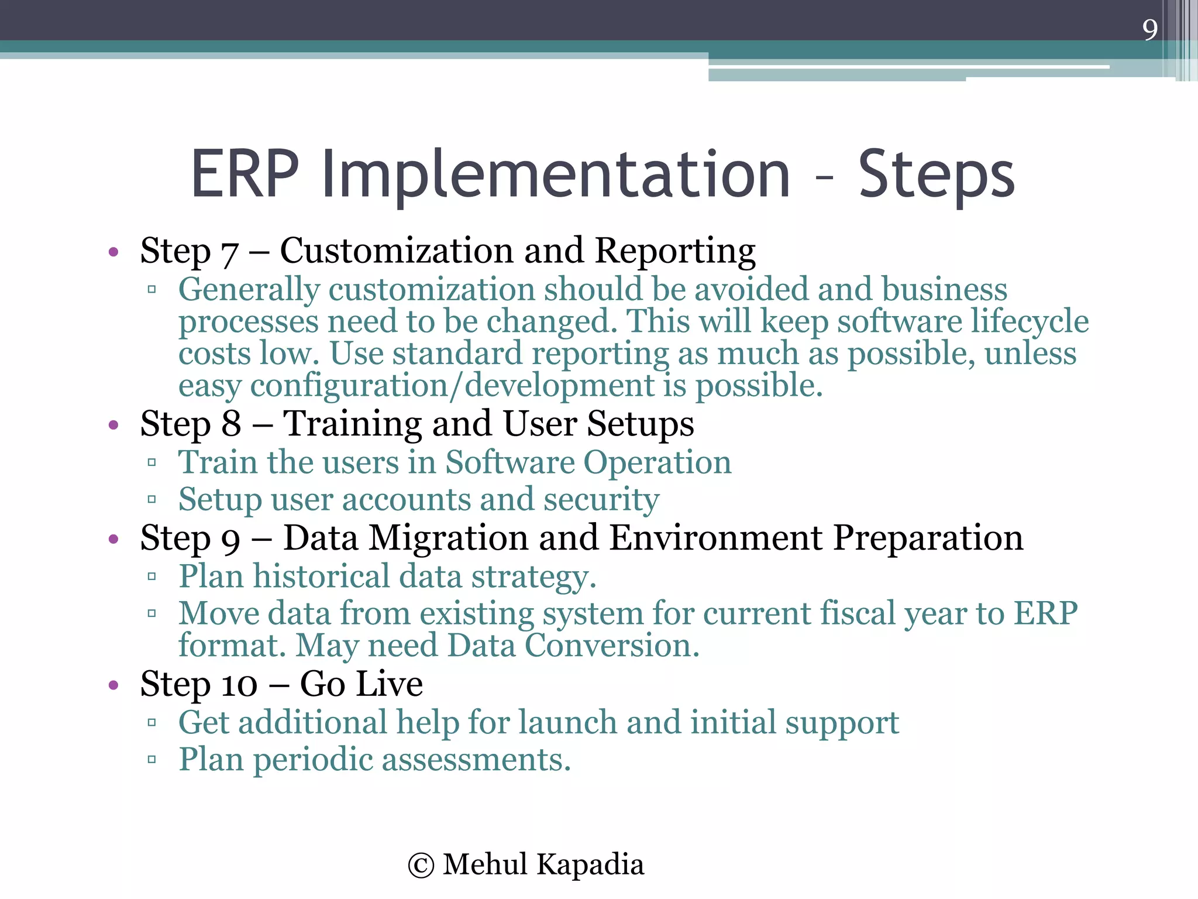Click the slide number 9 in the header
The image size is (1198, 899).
click(x=1149, y=29)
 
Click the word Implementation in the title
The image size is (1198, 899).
click(x=556, y=174)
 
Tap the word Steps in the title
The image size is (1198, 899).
click(x=936, y=174)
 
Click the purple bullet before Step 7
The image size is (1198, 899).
click(x=113, y=253)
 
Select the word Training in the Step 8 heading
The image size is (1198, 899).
click(x=353, y=424)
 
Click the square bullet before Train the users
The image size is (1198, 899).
click(x=152, y=463)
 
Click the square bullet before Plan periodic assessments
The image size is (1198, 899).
click(x=152, y=760)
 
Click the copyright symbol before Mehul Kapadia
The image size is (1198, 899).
click(x=421, y=866)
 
